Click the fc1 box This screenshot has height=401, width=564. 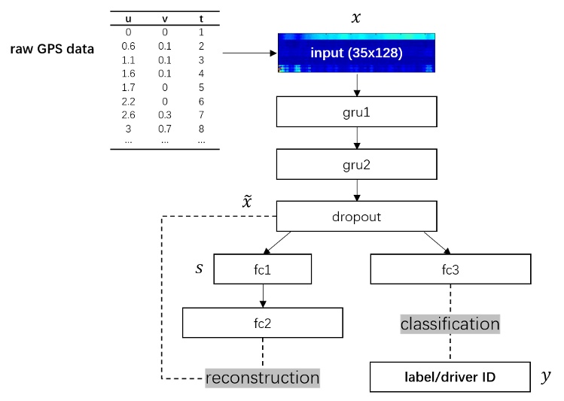click(262, 269)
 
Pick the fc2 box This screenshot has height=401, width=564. click(262, 324)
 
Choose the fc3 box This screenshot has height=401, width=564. click(450, 269)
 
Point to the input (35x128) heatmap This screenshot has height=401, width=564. click(357, 53)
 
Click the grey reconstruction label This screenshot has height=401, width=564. click(262, 376)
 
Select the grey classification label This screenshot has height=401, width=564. click(450, 324)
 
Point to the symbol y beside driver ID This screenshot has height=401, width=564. click(545, 378)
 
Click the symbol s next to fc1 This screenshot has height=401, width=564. click(199, 266)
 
